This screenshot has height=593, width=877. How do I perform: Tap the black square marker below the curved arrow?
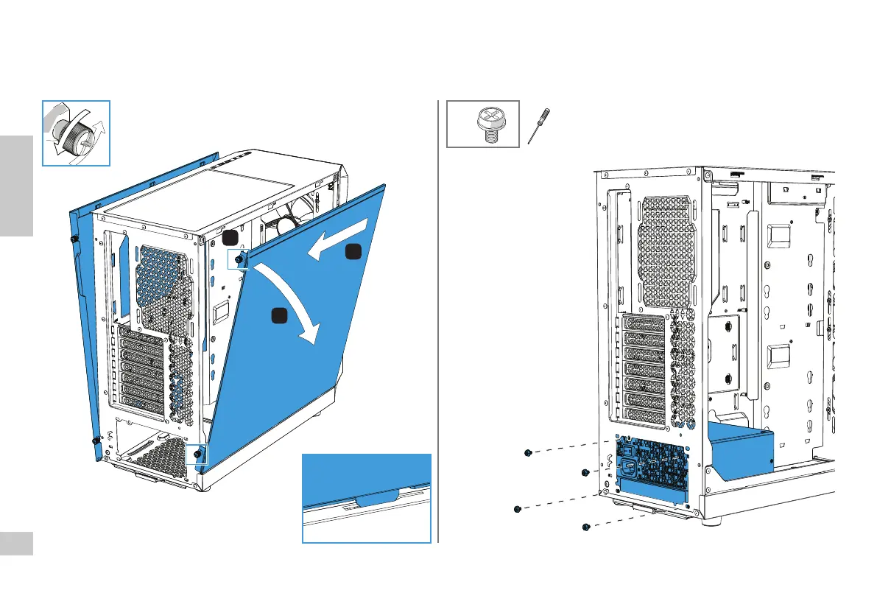point(278,315)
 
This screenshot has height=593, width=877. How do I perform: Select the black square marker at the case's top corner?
point(230,236)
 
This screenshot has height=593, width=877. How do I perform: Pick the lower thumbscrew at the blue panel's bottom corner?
point(197,454)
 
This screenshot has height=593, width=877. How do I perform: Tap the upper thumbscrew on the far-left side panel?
point(74,239)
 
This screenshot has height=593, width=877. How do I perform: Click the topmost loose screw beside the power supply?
point(528,453)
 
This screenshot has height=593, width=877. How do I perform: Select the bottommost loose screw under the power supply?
point(585,527)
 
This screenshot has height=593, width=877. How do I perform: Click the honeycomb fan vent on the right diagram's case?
point(666,250)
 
